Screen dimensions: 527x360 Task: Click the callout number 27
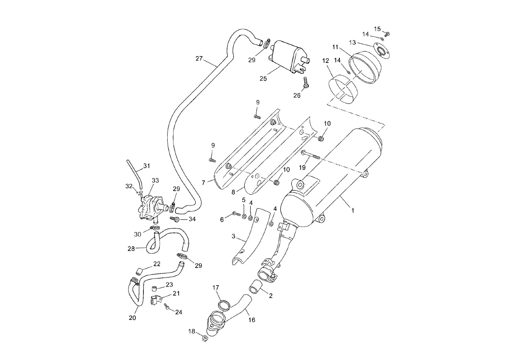pos(199,59)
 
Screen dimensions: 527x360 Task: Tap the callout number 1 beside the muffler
pos(353,210)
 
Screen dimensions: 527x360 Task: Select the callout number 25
pos(263,78)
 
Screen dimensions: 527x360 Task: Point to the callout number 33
pos(155,181)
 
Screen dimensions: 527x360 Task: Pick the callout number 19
pos(303,168)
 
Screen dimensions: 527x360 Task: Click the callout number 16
pos(252,320)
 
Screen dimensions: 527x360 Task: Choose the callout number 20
pos(133,318)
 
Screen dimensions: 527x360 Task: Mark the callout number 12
pos(325,61)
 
